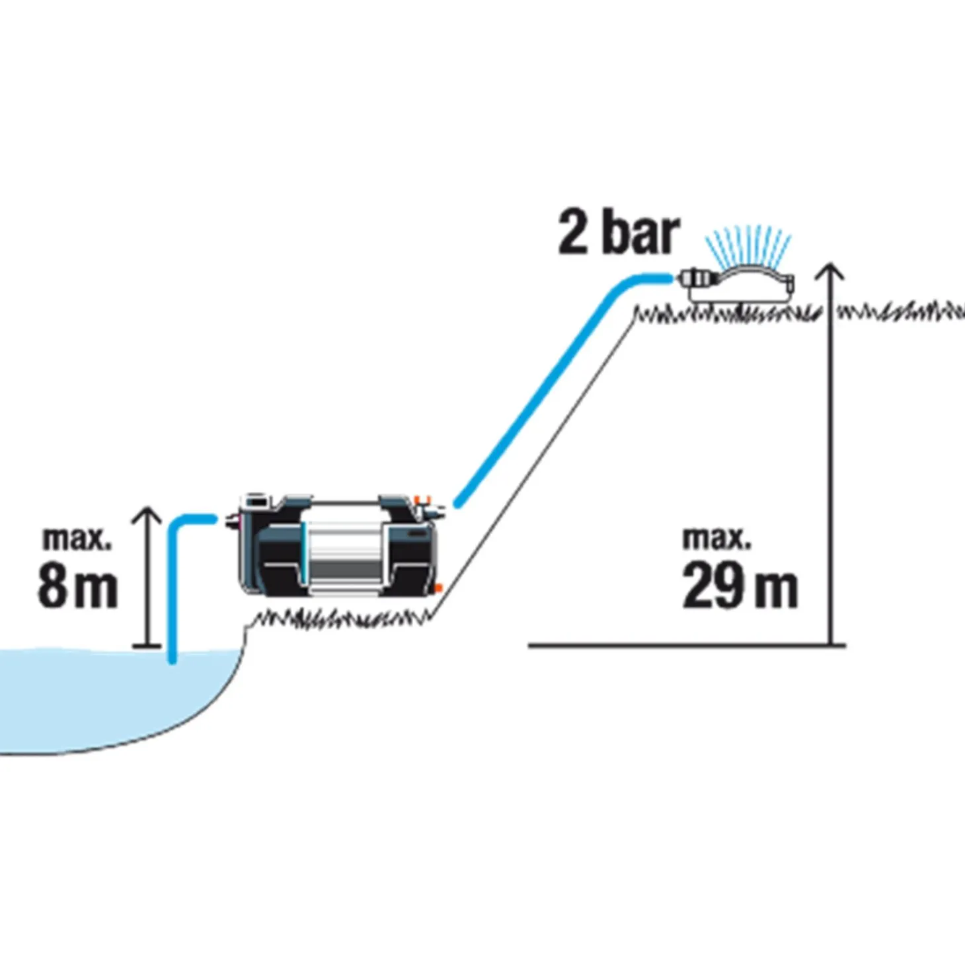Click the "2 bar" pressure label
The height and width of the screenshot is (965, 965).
[618, 233]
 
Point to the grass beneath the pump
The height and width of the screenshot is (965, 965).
[344, 618]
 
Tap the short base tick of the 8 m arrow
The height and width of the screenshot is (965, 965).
[147, 645]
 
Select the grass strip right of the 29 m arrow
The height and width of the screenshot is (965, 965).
[899, 311]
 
